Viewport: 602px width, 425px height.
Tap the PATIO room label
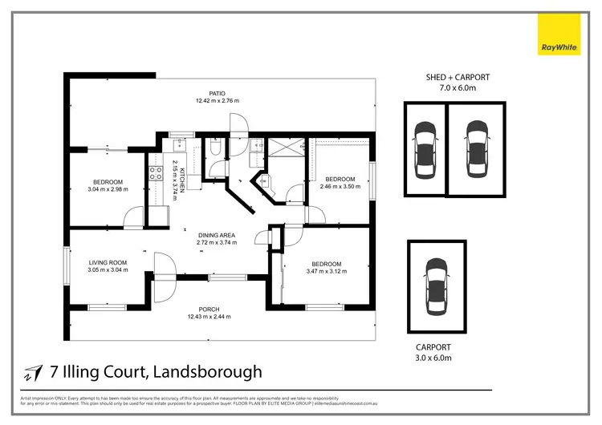coord(218,92)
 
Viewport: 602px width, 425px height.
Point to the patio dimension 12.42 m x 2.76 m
coord(218,101)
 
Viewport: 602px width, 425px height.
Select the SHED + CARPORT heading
coord(458,77)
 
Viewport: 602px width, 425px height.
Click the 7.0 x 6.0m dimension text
coord(458,87)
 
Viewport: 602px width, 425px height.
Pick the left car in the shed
coord(425,149)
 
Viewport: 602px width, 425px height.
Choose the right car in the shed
coord(478,149)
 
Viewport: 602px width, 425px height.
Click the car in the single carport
coord(436,286)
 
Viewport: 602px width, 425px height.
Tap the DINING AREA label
coord(215,234)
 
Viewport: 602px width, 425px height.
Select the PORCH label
coord(209,309)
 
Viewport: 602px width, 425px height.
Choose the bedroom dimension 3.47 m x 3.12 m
coord(327,273)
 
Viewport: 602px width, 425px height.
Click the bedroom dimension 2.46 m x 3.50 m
coord(340,188)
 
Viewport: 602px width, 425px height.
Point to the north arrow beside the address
coord(33,372)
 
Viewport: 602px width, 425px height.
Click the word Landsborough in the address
coord(209,372)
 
